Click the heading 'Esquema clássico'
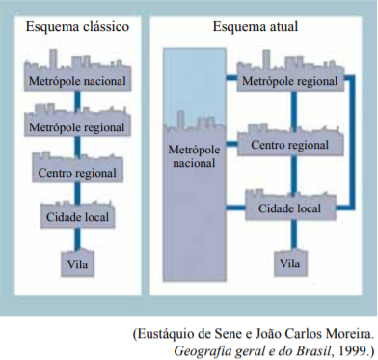point(77,27)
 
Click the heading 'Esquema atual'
point(256,26)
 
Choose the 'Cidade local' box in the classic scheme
point(77,215)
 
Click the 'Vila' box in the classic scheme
point(77,263)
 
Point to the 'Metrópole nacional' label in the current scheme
point(194,156)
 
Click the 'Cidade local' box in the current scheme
point(290,206)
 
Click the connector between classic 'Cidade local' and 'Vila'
point(77,238)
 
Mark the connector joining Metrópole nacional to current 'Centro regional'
point(232,144)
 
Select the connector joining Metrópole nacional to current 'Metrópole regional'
point(231,78)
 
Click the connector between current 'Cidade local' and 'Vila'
point(294,235)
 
